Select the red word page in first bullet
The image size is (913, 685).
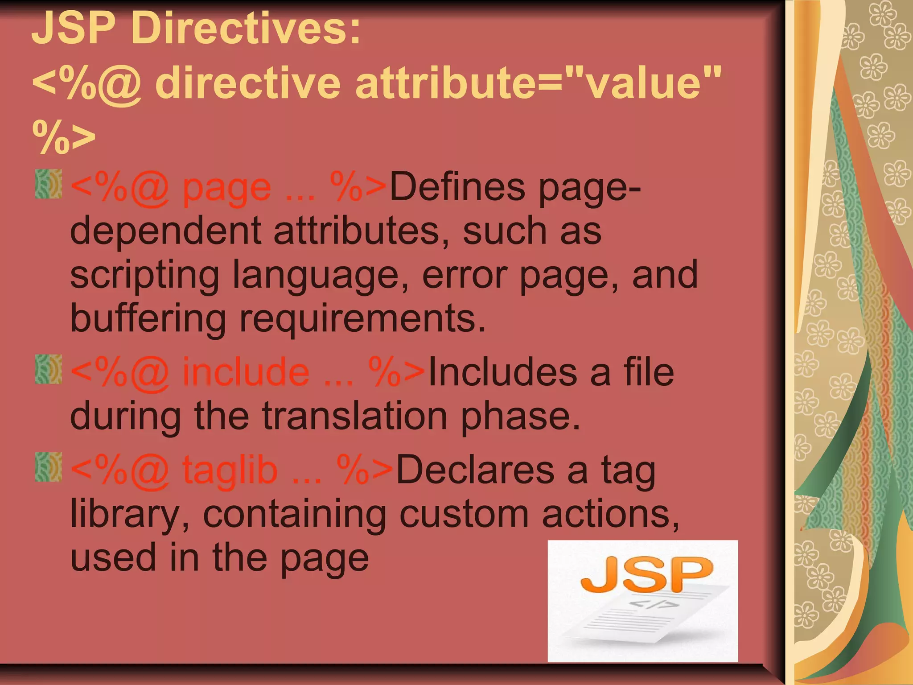226,188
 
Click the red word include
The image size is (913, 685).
246,372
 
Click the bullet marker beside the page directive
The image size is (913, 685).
49,184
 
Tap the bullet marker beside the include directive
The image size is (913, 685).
49,369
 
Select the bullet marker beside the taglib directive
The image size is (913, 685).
49,467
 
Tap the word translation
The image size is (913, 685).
354,416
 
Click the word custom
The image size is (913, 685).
464,514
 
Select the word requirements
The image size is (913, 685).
362,319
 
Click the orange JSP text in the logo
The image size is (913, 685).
646,575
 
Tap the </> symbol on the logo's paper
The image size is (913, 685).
654,605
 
